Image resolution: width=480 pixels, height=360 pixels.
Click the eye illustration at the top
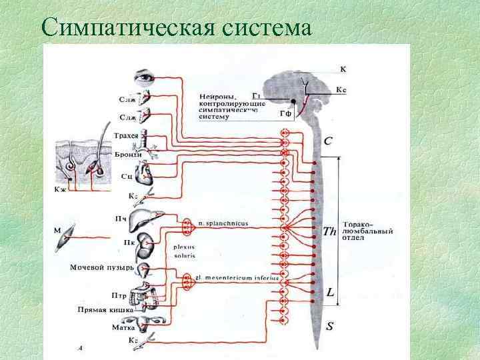click(145, 77)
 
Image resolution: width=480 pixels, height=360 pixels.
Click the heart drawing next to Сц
click(145, 176)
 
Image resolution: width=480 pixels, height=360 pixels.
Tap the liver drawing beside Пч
click(142, 220)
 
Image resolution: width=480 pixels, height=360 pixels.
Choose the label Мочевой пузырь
click(103, 268)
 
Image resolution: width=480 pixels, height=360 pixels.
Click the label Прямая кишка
click(105, 310)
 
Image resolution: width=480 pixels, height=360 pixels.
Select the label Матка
click(125, 327)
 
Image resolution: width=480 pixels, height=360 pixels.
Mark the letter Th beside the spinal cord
click(329, 232)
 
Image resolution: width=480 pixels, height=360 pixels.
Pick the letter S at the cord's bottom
click(330, 326)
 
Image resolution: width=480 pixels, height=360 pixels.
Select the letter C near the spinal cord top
click(329, 141)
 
